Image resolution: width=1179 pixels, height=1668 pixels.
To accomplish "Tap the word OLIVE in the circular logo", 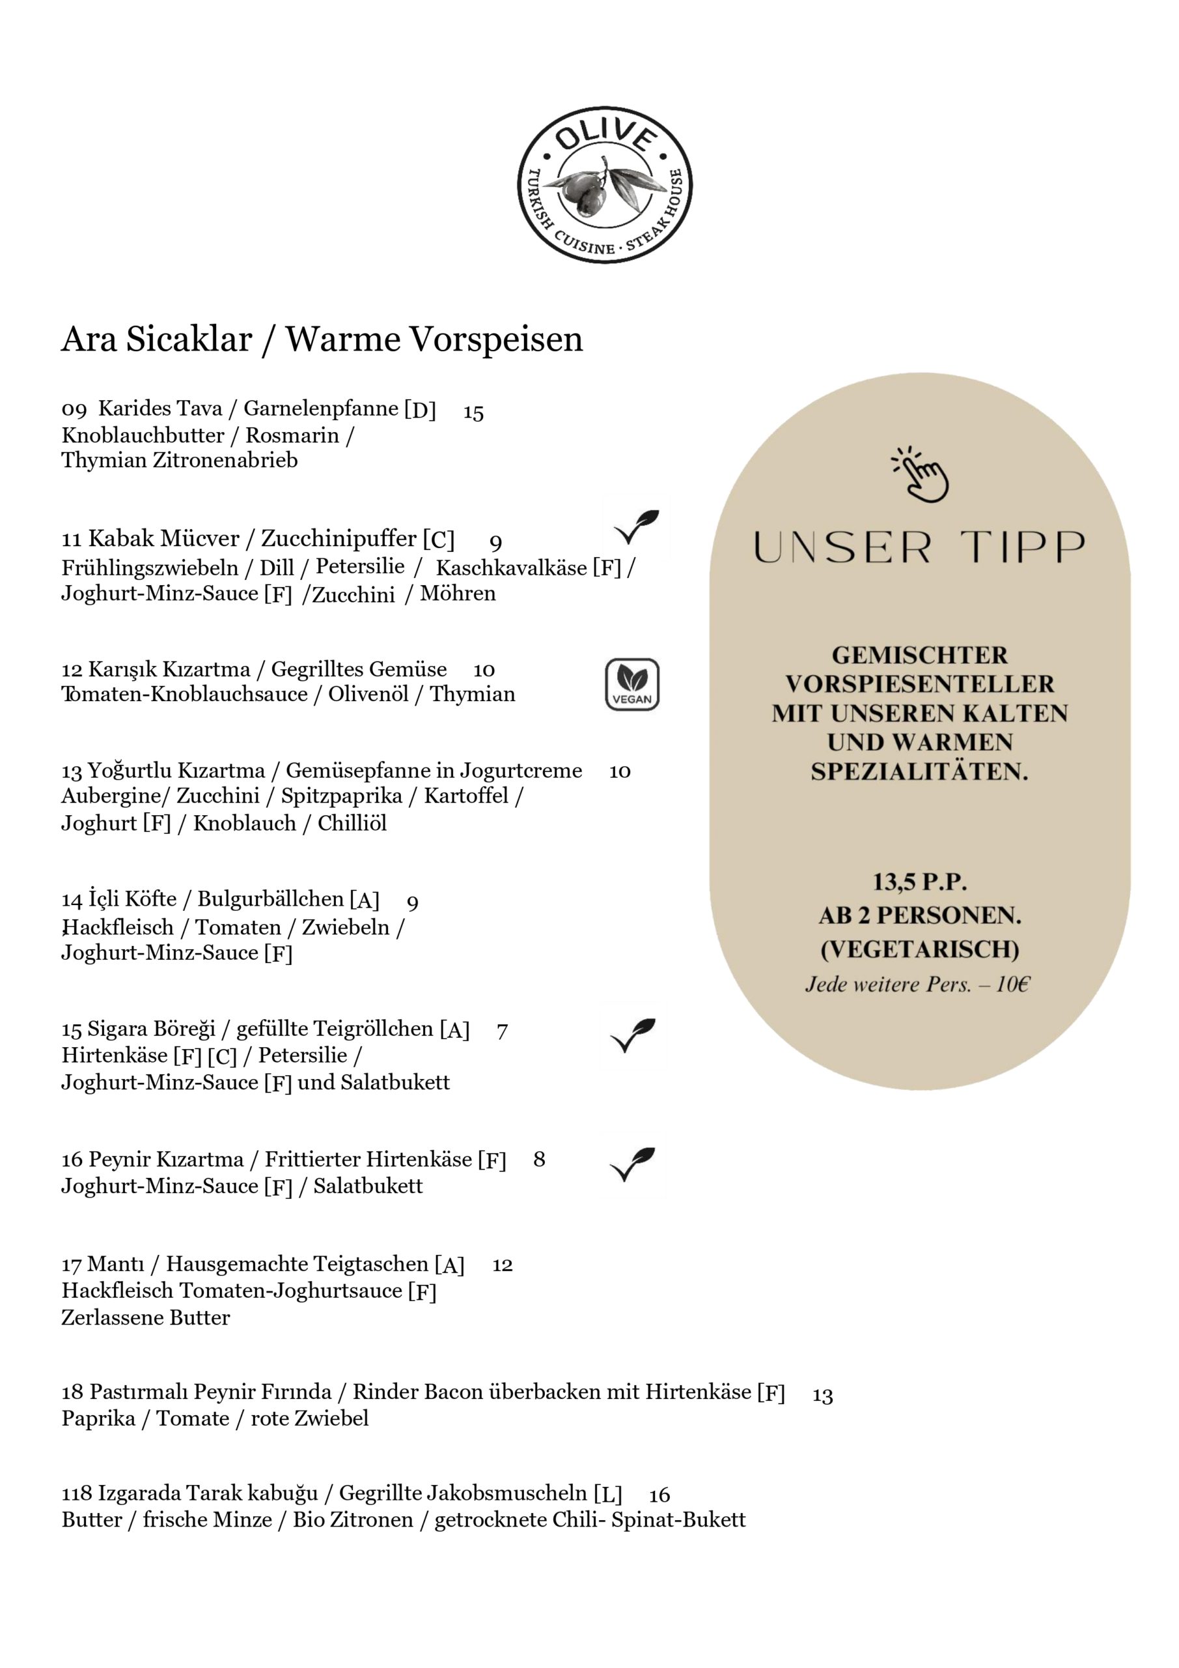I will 605,138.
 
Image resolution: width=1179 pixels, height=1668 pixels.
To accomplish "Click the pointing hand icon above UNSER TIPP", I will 921,474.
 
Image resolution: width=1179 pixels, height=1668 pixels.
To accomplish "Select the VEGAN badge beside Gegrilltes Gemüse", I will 632,683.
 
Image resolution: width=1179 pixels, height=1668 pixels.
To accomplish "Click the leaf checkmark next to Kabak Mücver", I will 636,527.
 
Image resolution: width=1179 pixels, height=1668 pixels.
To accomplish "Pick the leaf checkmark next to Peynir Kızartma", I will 632,1163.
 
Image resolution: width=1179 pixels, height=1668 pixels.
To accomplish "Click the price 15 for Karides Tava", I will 473,412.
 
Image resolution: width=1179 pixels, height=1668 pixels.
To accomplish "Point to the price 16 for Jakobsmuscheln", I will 659,1495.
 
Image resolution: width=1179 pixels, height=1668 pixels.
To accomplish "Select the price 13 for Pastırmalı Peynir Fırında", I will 822,1396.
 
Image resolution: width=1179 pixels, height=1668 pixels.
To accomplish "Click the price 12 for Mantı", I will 503,1265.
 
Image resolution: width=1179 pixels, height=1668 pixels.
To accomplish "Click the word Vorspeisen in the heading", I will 497,339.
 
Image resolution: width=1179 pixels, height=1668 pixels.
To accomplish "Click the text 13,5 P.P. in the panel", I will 920,882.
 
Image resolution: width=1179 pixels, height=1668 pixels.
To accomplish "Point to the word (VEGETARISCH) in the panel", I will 920,949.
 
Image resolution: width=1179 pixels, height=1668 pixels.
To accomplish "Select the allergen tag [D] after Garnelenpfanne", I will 421,410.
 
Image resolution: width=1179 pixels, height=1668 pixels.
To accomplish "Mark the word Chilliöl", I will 352,823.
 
